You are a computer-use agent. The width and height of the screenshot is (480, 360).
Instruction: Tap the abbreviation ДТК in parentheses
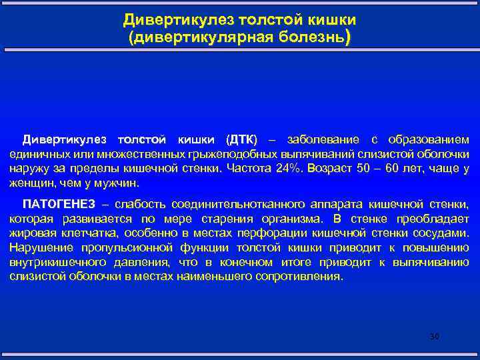(x=241, y=140)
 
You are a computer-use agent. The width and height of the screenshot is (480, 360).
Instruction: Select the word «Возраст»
(x=330, y=168)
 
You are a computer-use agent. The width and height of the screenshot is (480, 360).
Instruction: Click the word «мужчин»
(x=117, y=182)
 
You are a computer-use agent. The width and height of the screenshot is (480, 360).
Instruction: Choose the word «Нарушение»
(x=39, y=247)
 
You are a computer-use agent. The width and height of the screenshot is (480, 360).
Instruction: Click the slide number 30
(x=435, y=337)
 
